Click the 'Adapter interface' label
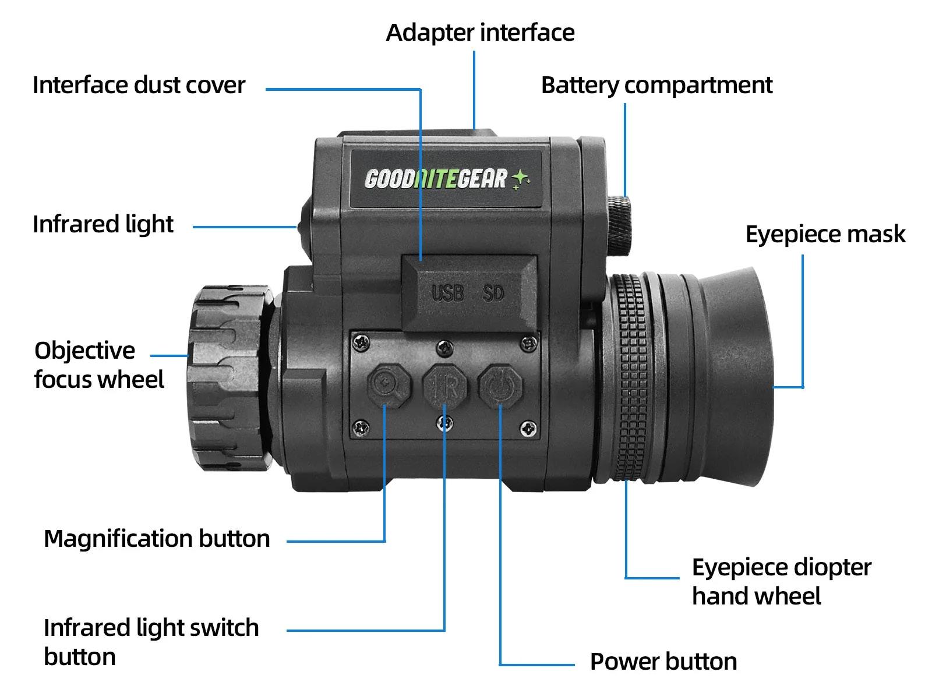click(x=480, y=33)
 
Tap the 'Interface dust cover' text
click(x=139, y=85)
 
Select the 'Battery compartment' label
click(x=656, y=85)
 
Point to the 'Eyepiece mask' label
click(x=825, y=234)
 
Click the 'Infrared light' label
click(x=103, y=224)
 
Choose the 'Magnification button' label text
click(x=157, y=539)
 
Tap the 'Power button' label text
click(x=663, y=662)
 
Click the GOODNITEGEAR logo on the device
click(x=436, y=179)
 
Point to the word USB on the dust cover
click(x=447, y=293)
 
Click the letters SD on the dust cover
click(x=493, y=293)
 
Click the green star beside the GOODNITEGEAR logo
click(x=520, y=179)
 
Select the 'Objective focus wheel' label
click(x=98, y=365)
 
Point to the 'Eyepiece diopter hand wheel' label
click(x=781, y=582)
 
